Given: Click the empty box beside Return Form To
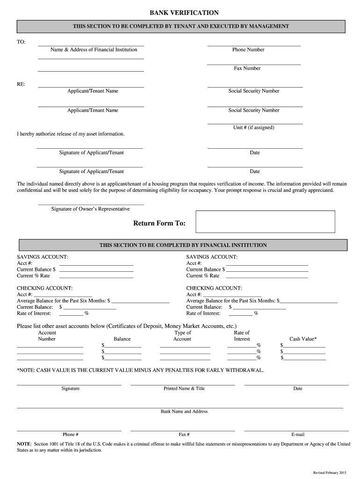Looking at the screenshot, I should [265, 221].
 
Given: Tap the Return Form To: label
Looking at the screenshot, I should [159, 223].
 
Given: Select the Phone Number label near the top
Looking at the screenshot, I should [248, 50].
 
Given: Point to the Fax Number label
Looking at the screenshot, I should [247, 68].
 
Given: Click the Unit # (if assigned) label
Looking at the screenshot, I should [253, 127].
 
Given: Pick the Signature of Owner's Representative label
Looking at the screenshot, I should [90, 209].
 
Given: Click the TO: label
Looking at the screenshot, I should [22, 42].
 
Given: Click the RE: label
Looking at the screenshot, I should [22, 84].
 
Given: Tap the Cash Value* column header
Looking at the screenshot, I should [303, 339].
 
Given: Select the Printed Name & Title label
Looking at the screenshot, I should [184, 388].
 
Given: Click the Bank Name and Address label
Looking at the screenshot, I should [184, 411].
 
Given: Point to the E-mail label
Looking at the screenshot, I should [298, 434].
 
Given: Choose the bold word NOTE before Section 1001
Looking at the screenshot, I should [24, 444].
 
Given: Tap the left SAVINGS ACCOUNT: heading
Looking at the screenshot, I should [43, 257].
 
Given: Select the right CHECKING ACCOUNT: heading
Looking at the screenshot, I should [214, 288].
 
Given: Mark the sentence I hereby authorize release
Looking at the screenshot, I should [71, 134].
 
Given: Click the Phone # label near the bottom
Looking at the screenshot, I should [71, 434].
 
